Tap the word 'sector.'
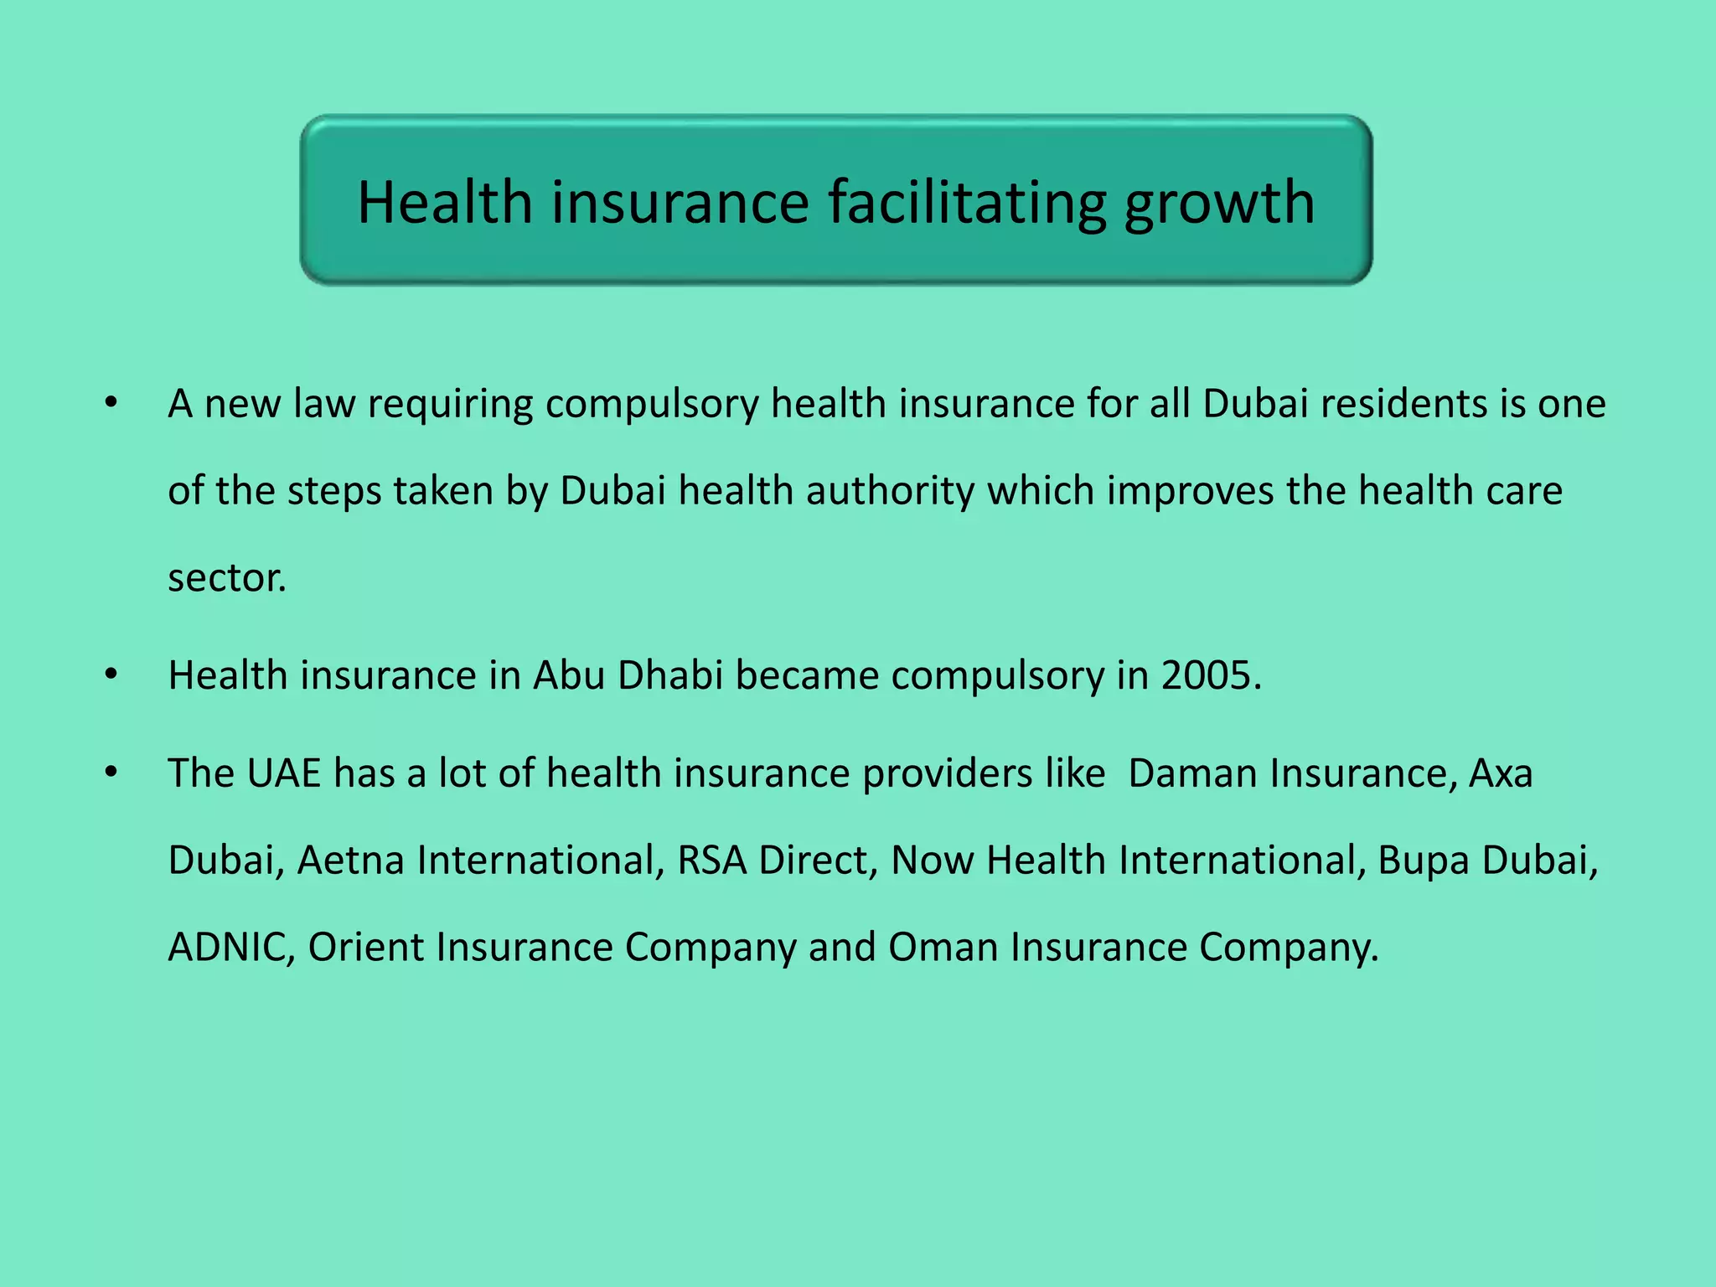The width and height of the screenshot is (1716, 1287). click(x=227, y=579)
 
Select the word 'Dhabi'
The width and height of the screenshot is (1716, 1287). click(x=669, y=675)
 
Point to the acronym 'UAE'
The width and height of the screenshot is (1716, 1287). click(x=284, y=773)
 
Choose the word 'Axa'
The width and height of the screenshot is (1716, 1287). click(x=1501, y=773)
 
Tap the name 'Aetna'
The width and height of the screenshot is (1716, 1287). click(x=351, y=861)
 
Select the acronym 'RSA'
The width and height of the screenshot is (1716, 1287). click(x=711, y=861)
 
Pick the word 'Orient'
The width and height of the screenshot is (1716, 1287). click(x=366, y=948)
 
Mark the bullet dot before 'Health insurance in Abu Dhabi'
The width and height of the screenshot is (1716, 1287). click(x=111, y=675)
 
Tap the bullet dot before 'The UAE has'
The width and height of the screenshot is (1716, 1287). click(x=111, y=773)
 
